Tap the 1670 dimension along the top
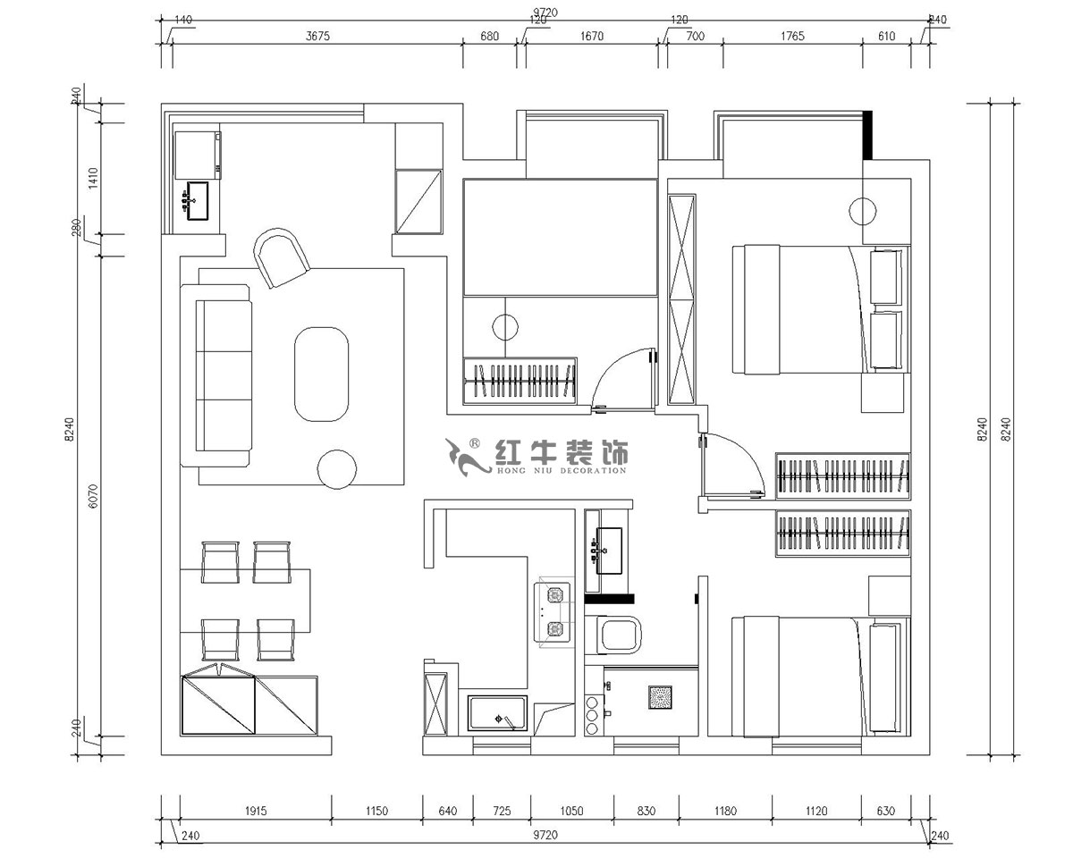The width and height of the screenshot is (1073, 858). click(592, 37)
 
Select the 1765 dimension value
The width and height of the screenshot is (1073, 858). click(792, 37)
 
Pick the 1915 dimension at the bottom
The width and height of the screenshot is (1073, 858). click(256, 812)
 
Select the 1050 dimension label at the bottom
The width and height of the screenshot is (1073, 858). click(571, 812)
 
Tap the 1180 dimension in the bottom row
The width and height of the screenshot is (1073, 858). click(725, 812)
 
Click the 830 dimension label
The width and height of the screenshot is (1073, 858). click(646, 812)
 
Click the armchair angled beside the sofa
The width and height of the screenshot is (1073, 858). click(283, 257)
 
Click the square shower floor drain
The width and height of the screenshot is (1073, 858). click(660, 697)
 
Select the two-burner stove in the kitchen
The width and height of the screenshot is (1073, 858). click(553, 612)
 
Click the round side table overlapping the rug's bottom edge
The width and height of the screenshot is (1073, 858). click(338, 468)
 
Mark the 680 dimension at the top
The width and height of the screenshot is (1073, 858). click(489, 37)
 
